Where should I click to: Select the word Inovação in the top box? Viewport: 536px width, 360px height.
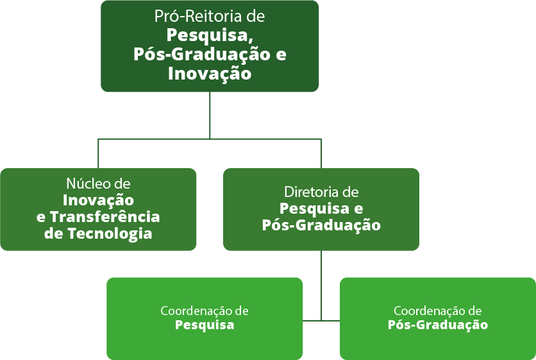coord(210,74)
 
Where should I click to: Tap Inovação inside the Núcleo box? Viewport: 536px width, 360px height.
coord(98,200)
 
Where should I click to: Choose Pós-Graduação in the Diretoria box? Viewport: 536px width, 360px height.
coord(321,225)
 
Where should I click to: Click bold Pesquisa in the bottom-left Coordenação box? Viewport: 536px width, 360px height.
coord(205,325)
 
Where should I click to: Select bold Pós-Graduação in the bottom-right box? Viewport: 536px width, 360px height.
coord(438,325)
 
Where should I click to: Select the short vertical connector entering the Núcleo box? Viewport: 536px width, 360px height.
coord(98,153)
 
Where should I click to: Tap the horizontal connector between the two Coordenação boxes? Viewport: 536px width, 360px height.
coord(321,320)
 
